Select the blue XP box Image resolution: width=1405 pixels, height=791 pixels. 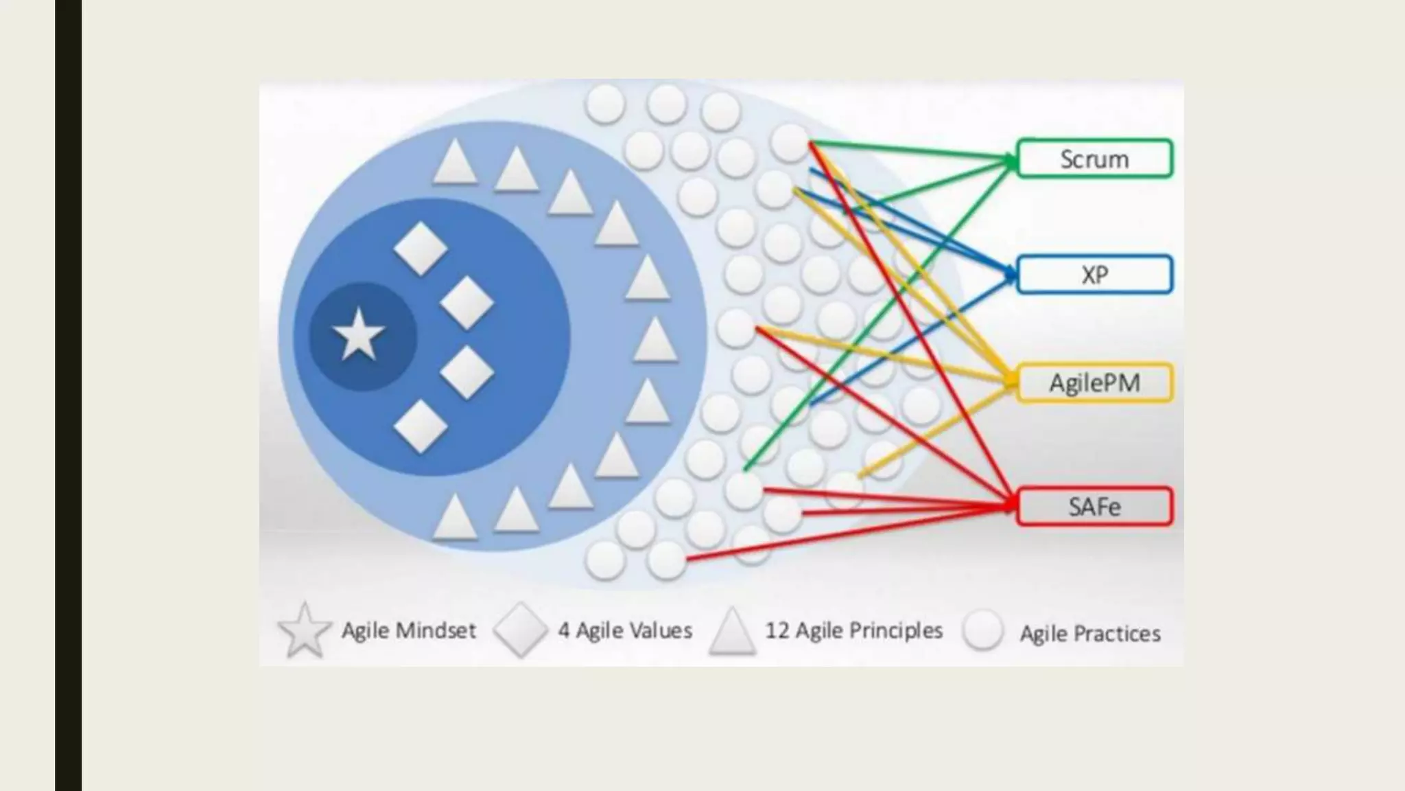(x=1094, y=275)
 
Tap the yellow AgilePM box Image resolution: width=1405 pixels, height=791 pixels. (x=1094, y=382)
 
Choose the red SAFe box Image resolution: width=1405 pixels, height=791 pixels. (x=1094, y=507)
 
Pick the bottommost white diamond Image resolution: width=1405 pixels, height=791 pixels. (x=421, y=426)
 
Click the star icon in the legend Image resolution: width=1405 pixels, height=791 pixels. (x=304, y=630)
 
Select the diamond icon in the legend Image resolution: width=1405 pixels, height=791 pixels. (x=521, y=630)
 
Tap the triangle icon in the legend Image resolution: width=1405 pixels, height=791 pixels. (x=733, y=630)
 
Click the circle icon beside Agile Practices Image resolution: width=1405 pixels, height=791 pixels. (x=982, y=630)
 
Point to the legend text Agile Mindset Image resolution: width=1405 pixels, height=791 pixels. (x=409, y=630)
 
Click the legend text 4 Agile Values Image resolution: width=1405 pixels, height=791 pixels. (x=625, y=630)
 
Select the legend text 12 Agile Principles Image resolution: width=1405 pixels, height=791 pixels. (x=854, y=630)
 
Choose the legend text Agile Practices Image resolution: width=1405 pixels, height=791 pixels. (x=1090, y=633)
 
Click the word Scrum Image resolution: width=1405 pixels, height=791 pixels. (x=1094, y=159)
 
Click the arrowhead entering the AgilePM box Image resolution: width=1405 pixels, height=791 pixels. (x=1011, y=382)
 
